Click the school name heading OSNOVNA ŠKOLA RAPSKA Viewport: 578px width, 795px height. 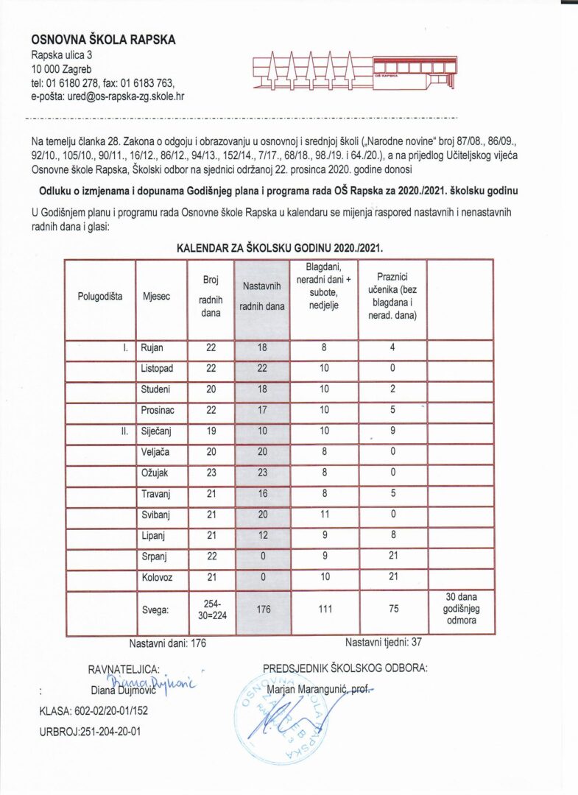(x=103, y=40)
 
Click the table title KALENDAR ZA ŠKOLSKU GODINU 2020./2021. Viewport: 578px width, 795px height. (x=280, y=248)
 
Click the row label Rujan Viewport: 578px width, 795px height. (x=152, y=348)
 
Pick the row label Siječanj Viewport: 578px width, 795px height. (x=157, y=431)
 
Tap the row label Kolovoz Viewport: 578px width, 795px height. (x=157, y=578)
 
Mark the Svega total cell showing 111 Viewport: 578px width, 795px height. (x=323, y=609)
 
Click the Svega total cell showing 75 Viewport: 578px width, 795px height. (x=392, y=609)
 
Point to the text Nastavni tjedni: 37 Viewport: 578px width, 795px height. (x=383, y=642)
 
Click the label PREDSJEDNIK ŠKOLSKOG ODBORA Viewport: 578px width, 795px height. (x=345, y=668)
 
